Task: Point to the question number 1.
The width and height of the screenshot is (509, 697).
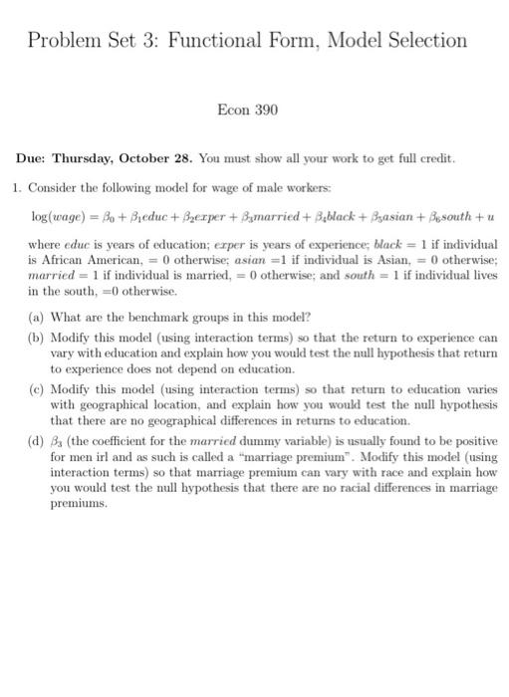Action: (x=17, y=186)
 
